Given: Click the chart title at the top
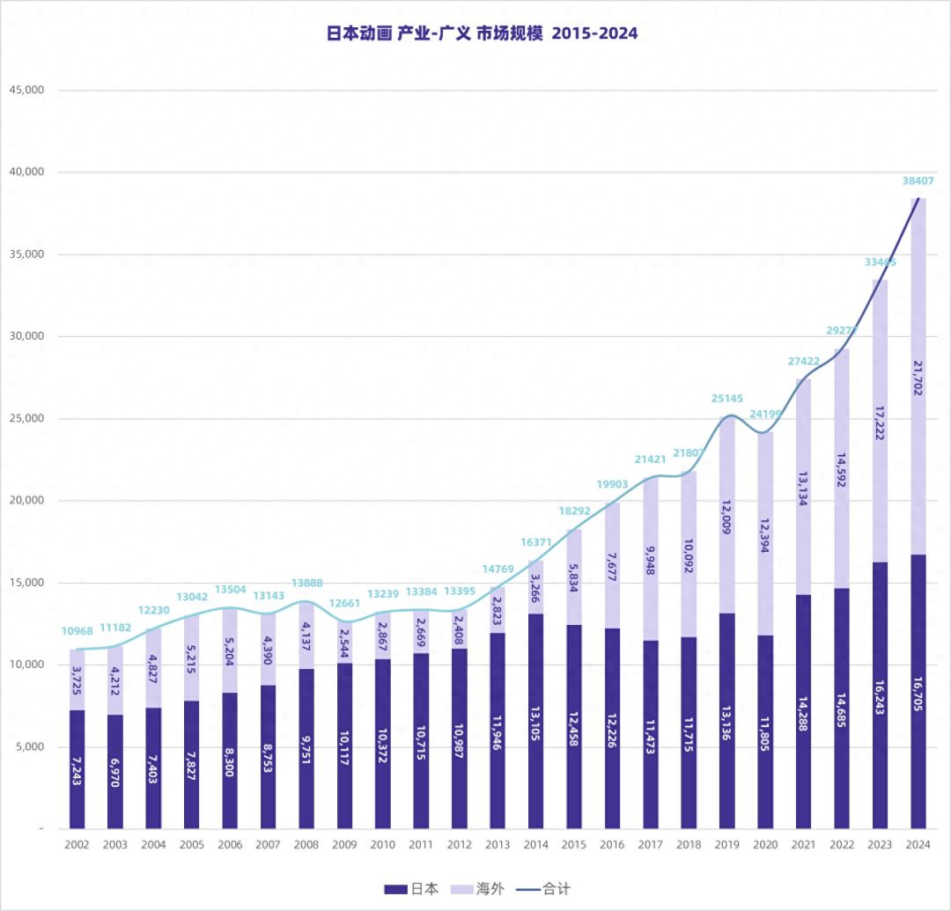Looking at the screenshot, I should pos(482,33).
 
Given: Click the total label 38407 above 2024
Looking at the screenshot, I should pos(918,180).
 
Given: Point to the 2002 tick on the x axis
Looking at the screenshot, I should pos(77,844).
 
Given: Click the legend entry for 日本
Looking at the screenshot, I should pos(410,889).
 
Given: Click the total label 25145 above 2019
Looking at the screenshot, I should pos(726,399).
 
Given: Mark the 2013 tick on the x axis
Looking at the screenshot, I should pos(498,844).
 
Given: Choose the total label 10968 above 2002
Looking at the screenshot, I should pos(77,631).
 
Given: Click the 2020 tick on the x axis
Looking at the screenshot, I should pos(764,844).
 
